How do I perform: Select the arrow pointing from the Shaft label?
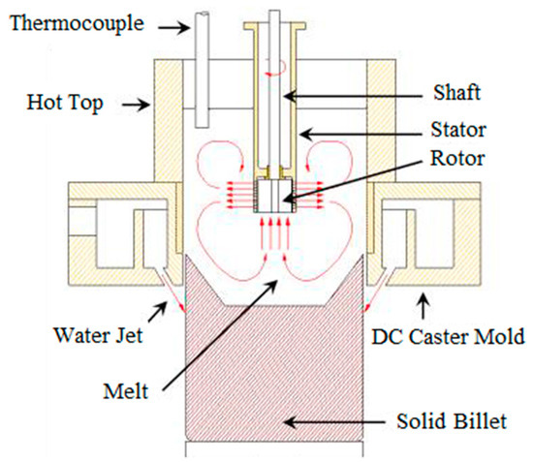point(320,94)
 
